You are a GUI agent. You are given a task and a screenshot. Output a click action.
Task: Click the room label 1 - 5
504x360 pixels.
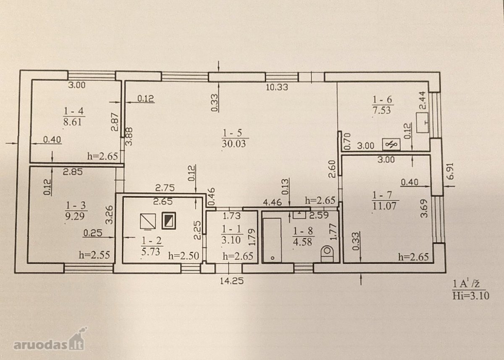coord(232,133)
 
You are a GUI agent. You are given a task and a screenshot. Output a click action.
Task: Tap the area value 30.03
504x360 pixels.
coord(234,144)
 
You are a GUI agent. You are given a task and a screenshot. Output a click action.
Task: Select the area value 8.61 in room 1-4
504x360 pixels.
coord(72,122)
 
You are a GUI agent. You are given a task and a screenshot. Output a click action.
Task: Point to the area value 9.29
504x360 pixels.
coord(75,216)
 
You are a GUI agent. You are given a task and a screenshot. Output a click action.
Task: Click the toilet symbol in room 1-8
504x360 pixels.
coord(327,254)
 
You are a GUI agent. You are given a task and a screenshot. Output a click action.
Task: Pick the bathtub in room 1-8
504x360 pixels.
coord(272,240)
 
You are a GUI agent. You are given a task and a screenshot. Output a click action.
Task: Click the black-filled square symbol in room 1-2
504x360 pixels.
coord(169,221)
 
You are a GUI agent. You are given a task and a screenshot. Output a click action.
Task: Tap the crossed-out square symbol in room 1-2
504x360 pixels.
coord(148,222)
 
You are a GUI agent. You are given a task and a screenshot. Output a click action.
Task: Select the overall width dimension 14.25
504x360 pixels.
coord(232,281)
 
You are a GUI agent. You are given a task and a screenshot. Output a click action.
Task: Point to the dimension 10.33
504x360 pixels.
coord(277,87)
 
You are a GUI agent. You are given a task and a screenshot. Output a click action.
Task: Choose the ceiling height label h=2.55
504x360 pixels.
coord(94,255)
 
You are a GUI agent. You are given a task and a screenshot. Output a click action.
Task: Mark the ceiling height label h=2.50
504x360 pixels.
coord(184,256)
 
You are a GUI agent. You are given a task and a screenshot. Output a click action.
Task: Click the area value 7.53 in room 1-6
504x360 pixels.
coord(382,110)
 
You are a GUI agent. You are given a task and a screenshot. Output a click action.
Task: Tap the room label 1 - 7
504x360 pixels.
coord(379,195)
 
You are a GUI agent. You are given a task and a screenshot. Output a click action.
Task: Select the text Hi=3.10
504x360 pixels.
coord(471,296)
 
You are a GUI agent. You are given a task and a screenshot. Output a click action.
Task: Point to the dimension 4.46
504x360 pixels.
coord(272,202)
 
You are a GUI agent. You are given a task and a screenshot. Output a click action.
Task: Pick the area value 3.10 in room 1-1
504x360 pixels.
coord(231,240)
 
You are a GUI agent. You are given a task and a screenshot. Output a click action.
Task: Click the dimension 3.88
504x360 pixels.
coord(129,137)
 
